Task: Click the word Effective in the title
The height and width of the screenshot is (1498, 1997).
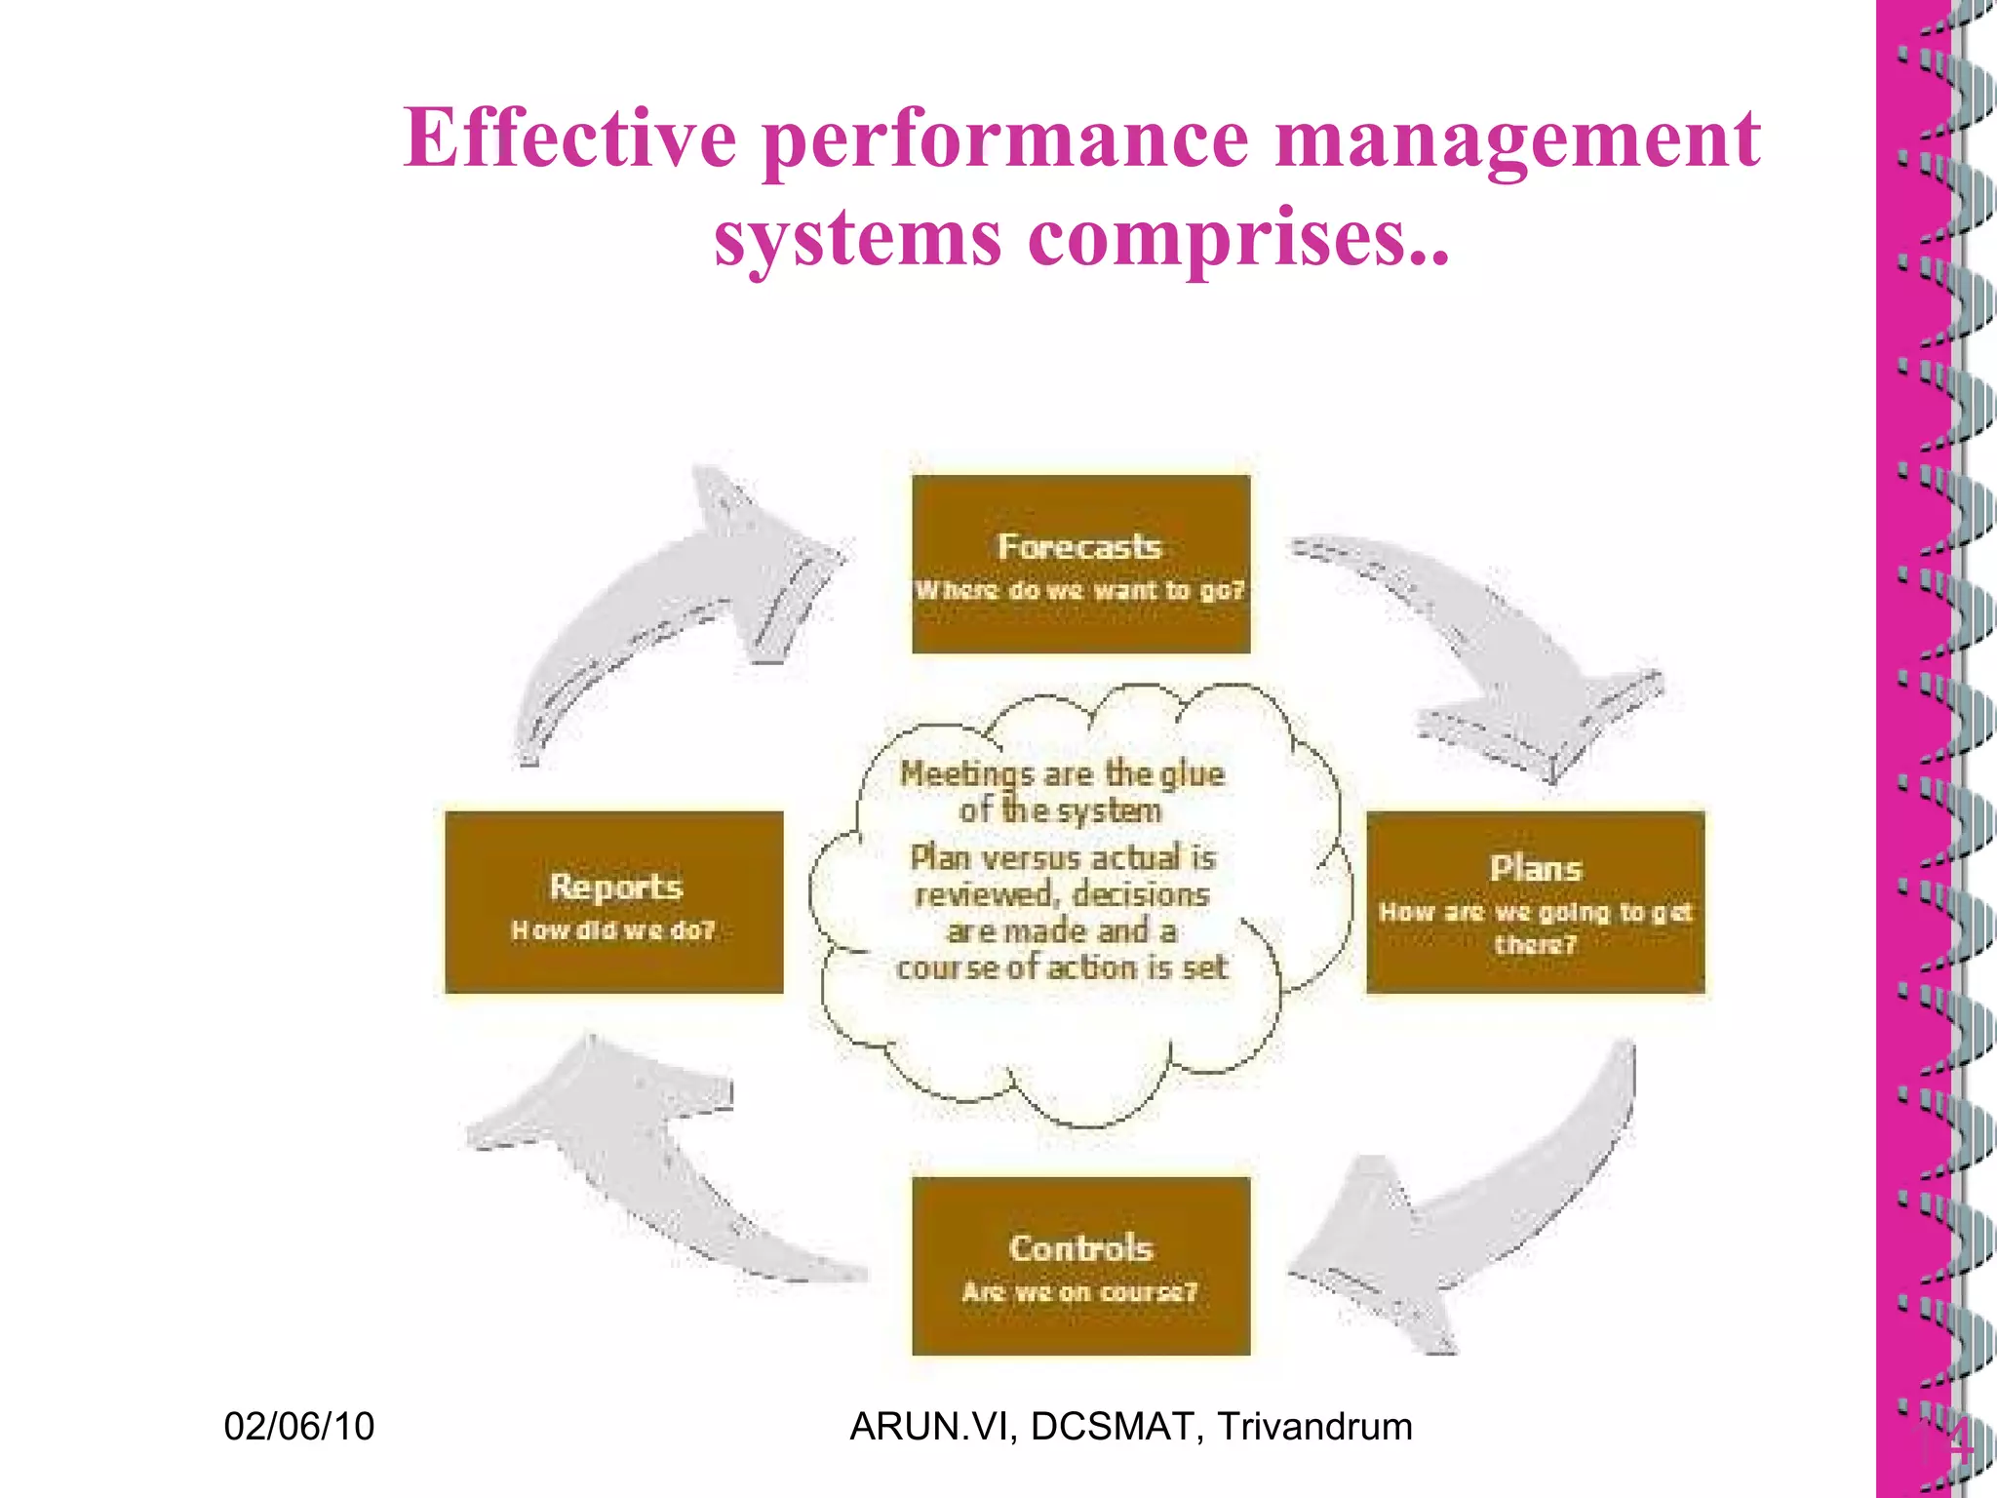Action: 570,139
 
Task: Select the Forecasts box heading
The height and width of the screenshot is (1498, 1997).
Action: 1079,547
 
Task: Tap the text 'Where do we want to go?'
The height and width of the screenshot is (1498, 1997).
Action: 1079,591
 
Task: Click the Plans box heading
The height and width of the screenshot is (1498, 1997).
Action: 1535,869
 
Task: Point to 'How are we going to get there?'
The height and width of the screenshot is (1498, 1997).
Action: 1535,927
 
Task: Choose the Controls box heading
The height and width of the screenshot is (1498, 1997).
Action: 1080,1248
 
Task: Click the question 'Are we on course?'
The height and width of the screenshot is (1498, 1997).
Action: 1079,1292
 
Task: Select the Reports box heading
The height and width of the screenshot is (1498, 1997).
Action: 615,887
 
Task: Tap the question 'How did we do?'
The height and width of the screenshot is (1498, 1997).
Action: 613,931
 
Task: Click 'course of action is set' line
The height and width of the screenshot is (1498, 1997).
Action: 1061,967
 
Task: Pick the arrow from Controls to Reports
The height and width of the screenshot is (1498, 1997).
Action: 644,1161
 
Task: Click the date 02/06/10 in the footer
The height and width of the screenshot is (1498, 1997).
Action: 298,1427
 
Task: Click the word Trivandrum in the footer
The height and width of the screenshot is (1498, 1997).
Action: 1314,1427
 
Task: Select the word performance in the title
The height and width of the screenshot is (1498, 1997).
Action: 1004,139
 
